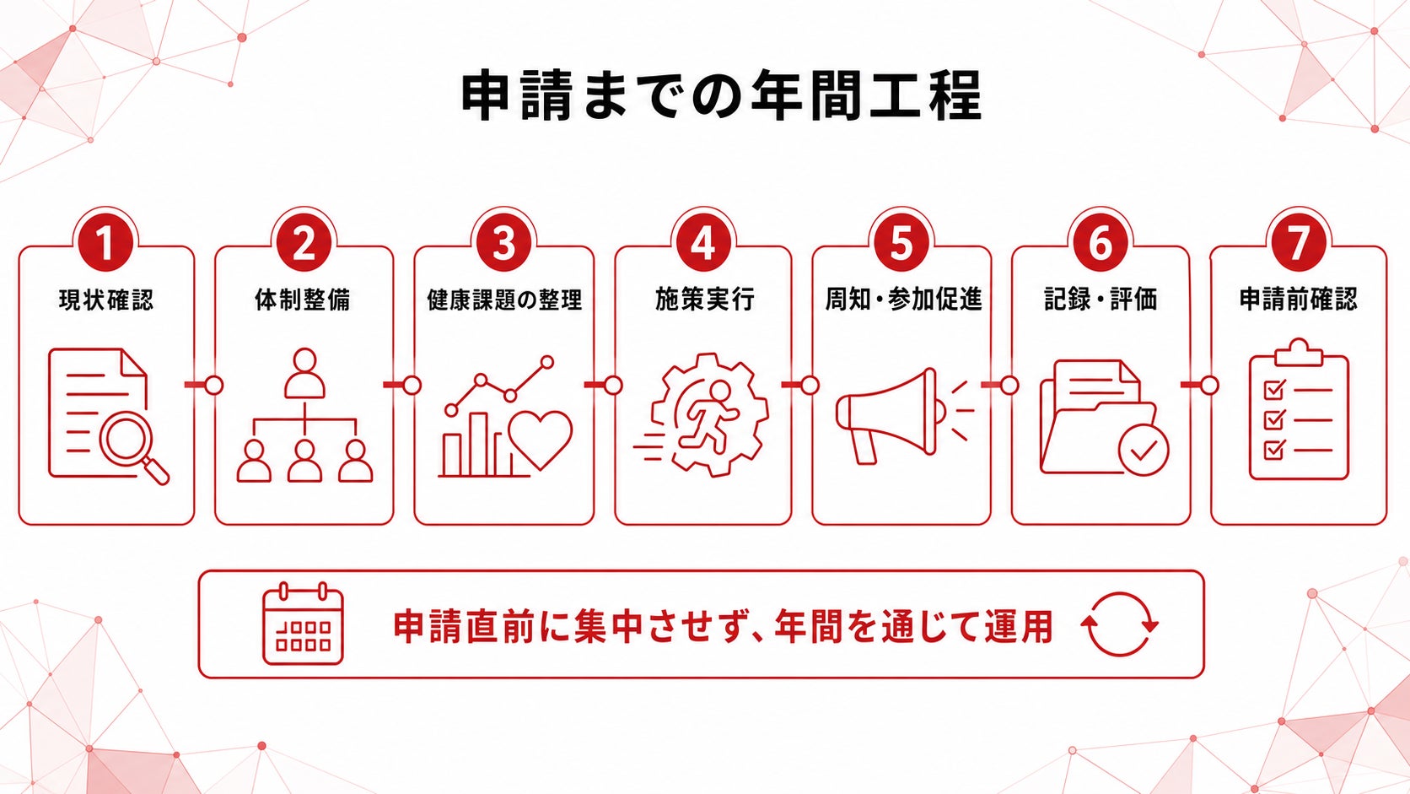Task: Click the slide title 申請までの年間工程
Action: (721, 96)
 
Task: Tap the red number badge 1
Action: (105, 242)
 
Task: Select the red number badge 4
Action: (703, 242)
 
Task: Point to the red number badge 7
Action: (1299, 242)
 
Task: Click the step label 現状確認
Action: (105, 300)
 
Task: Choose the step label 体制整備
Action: (303, 300)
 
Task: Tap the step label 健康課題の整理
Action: (504, 300)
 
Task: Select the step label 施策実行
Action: (704, 300)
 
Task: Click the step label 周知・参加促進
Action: (903, 300)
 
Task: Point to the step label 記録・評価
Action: (1101, 300)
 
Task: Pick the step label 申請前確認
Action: (1299, 300)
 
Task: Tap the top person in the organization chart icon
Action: (304, 373)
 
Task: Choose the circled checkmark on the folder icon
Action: (1144, 451)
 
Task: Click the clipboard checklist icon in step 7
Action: (1299, 409)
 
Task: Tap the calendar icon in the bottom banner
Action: (303, 624)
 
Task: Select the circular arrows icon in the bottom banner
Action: (1119, 624)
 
